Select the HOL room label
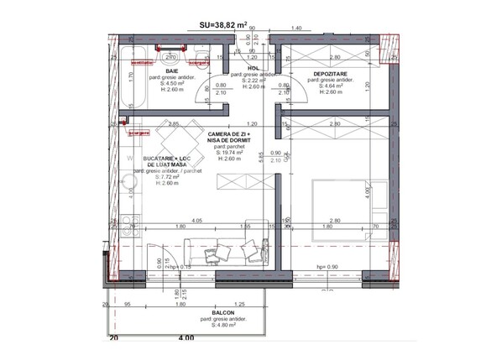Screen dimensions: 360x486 tap(253, 68)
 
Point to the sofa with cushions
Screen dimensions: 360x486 tap(226, 249)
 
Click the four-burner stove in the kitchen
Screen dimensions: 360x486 tap(128, 223)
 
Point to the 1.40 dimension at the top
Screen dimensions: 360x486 tap(295, 29)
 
